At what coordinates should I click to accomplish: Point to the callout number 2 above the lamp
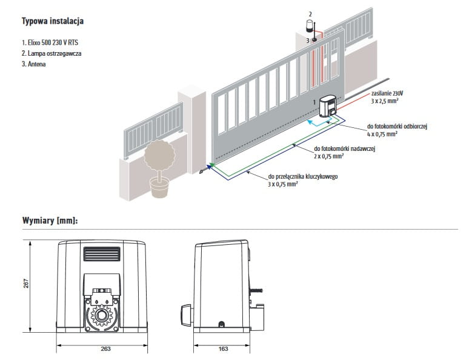tap(310, 13)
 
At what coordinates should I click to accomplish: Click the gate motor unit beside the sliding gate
tap(330, 108)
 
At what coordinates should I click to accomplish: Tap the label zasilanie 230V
tap(388, 93)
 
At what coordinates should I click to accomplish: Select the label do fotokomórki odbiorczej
tap(397, 126)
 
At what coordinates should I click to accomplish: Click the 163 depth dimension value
tap(223, 350)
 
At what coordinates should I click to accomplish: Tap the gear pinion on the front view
tap(102, 316)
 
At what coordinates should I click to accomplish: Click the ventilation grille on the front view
tap(101, 253)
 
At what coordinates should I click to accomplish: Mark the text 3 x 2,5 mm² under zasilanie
tap(388, 102)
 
